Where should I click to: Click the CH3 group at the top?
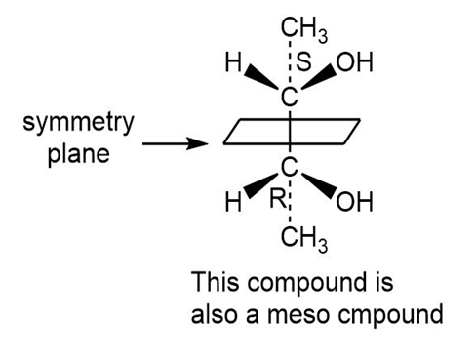click(304, 29)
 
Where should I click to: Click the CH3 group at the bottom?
click(304, 238)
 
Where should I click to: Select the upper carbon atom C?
click(289, 97)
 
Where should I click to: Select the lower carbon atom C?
click(289, 167)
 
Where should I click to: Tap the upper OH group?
click(354, 61)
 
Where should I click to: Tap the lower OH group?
click(354, 202)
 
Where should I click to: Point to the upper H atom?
click(233, 62)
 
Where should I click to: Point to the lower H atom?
click(233, 202)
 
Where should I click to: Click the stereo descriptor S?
click(303, 61)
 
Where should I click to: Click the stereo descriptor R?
click(277, 199)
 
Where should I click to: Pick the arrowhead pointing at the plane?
click(197, 143)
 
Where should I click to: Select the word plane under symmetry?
click(79, 154)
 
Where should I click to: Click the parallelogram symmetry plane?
click(292, 120)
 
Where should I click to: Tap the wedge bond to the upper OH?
click(320, 77)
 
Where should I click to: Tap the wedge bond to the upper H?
click(261, 77)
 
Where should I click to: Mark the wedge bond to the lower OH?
click(319, 185)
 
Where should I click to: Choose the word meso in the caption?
click(297, 315)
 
